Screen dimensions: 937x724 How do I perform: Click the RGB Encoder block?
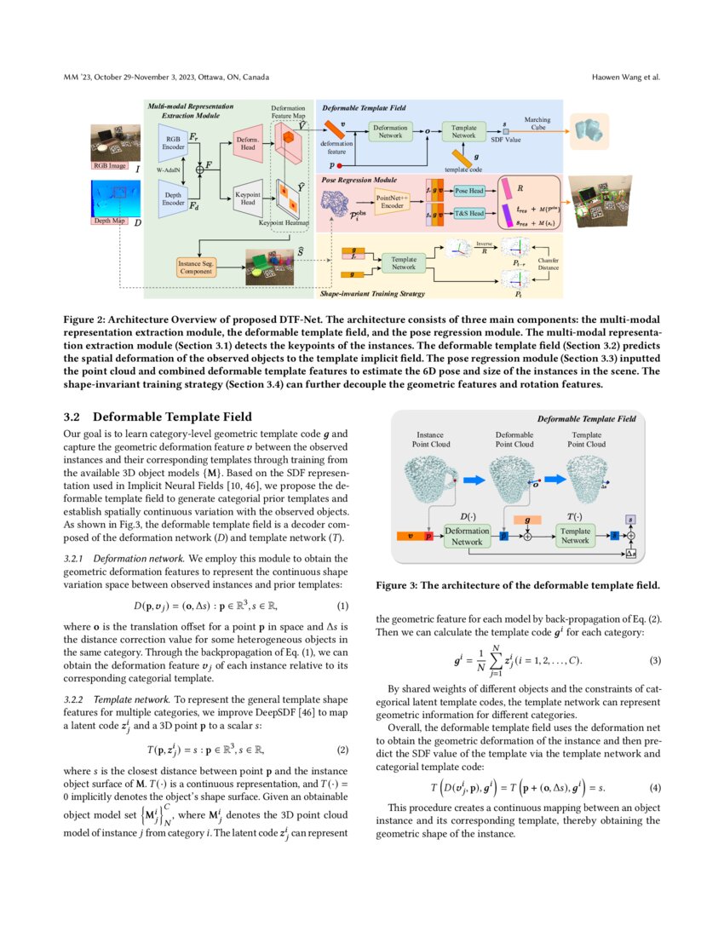173,141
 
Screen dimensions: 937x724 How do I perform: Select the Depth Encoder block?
173,199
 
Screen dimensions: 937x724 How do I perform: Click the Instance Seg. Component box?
197,266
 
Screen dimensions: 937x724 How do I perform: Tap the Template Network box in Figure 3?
575,536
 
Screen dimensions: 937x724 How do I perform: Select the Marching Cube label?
537,124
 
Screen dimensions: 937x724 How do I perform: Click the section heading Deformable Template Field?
172,417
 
